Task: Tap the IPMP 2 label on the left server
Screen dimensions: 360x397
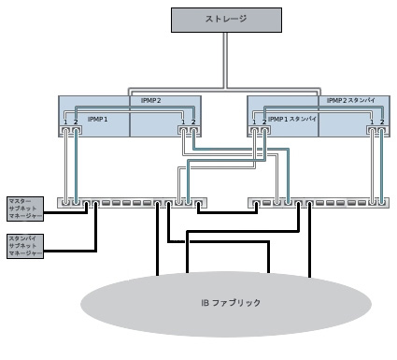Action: click(138, 100)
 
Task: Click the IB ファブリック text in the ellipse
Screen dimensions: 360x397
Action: click(232, 303)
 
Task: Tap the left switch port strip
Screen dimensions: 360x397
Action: click(131, 202)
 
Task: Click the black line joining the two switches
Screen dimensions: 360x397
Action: click(223, 213)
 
